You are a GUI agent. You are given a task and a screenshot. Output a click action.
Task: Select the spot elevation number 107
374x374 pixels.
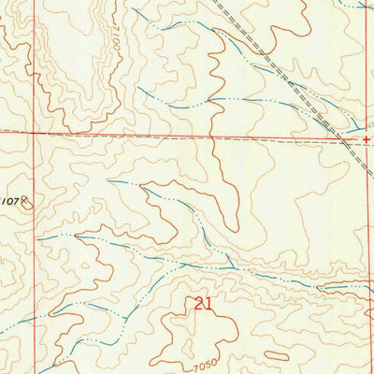click(9, 200)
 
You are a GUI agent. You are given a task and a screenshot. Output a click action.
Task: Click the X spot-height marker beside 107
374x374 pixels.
click(26, 199)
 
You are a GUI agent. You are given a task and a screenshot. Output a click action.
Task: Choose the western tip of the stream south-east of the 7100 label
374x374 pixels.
click(139, 90)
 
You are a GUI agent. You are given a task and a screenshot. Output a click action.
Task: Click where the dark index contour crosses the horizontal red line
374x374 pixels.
click(216, 137)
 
